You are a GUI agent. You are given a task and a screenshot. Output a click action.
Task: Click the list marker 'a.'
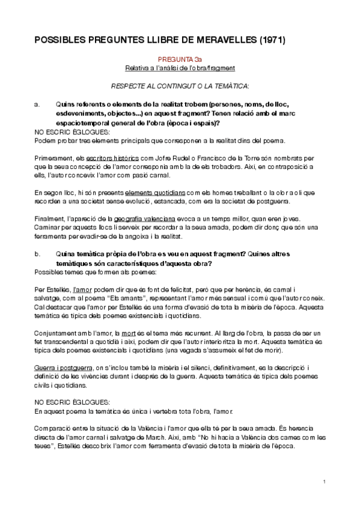37,104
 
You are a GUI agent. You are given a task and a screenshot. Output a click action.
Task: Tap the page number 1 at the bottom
324,482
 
